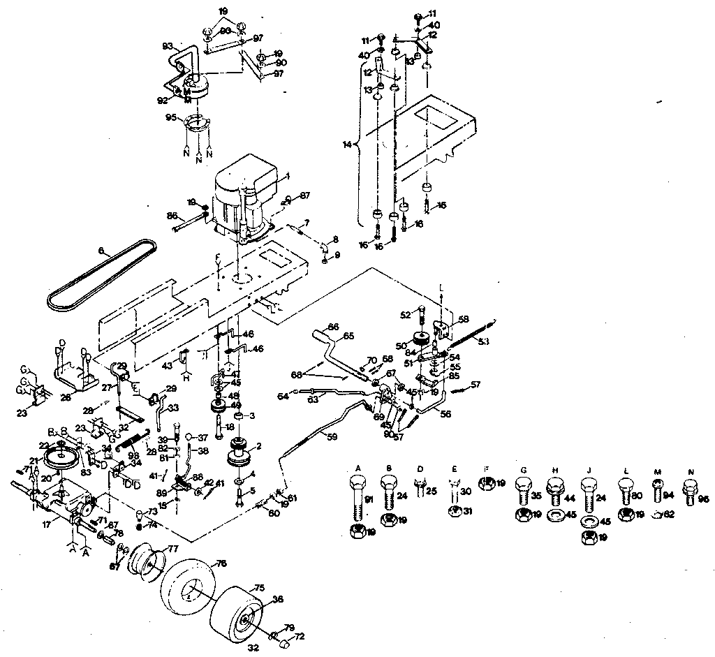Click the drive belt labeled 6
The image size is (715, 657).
[x=98, y=276]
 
